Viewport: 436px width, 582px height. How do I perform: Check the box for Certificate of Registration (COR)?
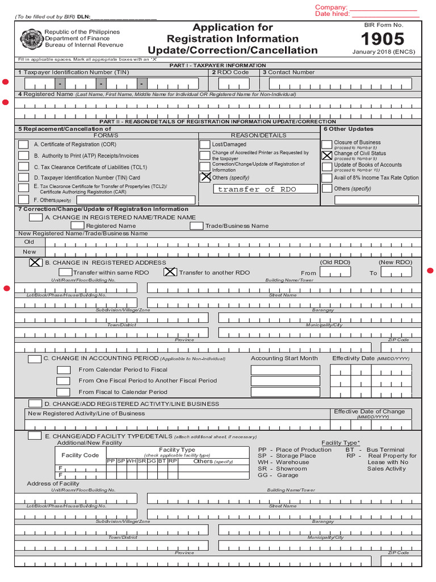pos(23,144)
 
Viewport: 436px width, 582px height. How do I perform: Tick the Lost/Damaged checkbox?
pos(204,144)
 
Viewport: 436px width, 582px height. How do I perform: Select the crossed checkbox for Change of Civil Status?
pos(327,155)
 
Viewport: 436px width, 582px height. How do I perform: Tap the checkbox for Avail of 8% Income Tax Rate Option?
pos(327,177)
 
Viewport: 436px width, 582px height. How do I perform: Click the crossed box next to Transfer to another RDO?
pos(170,272)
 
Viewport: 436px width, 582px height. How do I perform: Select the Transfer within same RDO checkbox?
pos(65,272)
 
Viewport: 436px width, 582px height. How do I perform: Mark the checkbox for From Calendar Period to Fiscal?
pos(64,370)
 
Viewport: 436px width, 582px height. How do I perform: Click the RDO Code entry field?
pos(233,84)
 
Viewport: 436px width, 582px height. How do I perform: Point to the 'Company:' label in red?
pos(331,7)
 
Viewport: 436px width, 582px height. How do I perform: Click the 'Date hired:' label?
pos(332,14)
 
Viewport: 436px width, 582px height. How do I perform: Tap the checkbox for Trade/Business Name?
pos(196,226)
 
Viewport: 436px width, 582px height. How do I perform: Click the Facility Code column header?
pos(80,455)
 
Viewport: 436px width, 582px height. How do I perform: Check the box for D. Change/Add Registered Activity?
pos(35,404)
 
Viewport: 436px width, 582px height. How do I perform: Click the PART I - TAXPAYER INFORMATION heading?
pos(218,65)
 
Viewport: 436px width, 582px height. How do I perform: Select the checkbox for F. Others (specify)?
pos(23,199)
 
